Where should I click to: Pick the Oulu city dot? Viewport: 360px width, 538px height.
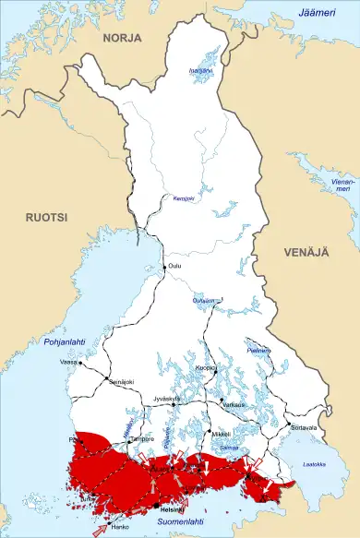[x=165, y=267]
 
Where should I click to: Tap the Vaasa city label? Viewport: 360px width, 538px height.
[x=68, y=363]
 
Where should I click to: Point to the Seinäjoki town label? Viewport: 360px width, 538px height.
[x=121, y=382]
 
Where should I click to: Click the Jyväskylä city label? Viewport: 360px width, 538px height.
[x=167, y=398]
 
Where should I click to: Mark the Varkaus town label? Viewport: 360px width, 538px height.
[x=234, y=404]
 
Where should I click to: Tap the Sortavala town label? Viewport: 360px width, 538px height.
[x=304, y=428]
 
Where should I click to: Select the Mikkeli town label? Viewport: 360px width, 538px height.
[x=220, y=433]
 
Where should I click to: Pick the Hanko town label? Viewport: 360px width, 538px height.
[x=121, y=530]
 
